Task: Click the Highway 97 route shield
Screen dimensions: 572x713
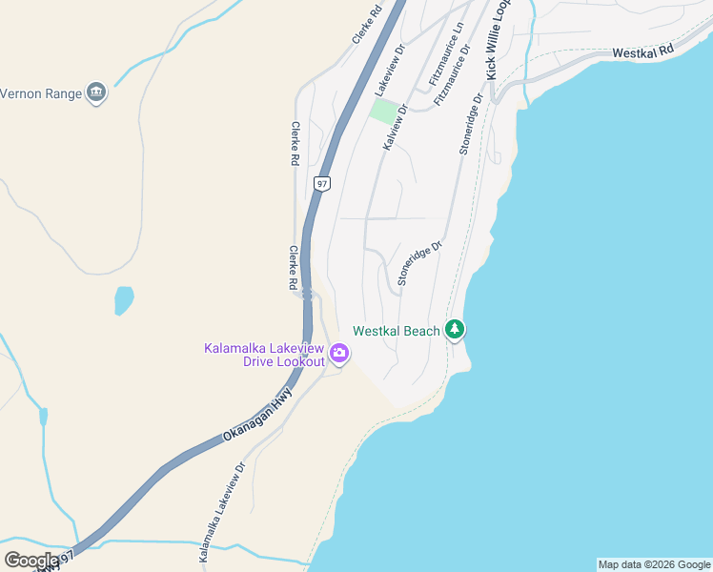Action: [x=323, y=183]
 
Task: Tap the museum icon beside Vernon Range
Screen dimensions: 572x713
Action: [x=95, y=93]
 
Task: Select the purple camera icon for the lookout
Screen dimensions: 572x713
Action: [x=338, y=355]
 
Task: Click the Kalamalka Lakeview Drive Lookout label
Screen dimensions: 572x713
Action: [x=264, y=355]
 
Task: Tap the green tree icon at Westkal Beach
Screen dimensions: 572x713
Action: [x=456, y=330]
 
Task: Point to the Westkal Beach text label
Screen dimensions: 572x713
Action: [x=397, y=331]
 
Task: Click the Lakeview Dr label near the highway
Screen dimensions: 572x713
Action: [x=390, y=71]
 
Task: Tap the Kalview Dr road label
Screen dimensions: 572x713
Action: [x=395, y=127]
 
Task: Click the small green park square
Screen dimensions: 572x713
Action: [x=383, y=112]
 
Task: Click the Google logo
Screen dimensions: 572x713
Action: [x=31, y=561]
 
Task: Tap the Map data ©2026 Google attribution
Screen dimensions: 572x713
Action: [x=653, y=564]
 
